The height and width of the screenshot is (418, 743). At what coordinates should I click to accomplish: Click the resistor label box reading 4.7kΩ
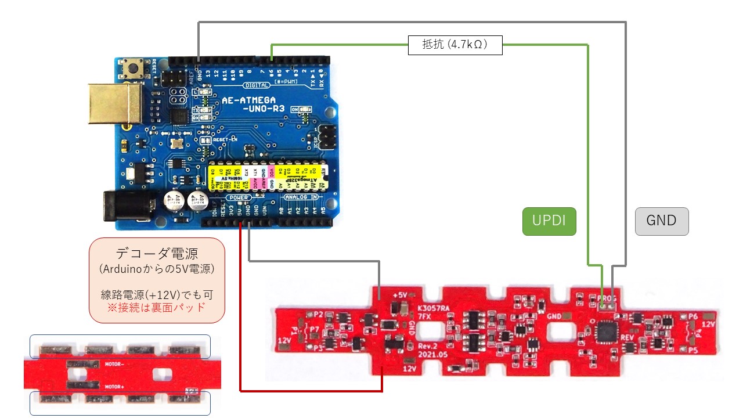pos(455,45)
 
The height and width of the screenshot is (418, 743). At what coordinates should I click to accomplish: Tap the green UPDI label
pos(549,221)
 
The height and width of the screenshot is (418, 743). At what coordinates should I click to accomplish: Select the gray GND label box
pos(662,221)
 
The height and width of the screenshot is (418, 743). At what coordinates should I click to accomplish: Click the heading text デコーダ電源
pos(157,254)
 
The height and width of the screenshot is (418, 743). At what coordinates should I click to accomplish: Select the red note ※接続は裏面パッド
pos(157,307)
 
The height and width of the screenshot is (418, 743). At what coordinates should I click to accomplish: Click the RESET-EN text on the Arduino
pos(226,139)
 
